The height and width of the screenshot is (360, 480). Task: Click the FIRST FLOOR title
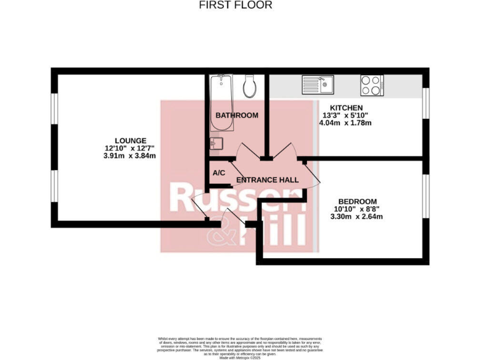click(236, 6)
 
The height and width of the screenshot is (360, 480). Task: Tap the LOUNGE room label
click(130, 140)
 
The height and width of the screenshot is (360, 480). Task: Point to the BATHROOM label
click(237, 115)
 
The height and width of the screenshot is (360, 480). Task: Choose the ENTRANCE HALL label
click(267, 180)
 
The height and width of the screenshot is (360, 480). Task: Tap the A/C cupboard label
click(219, 173)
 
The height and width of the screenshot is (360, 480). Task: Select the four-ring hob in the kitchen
click(371, 84)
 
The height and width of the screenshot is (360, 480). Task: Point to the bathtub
click(222, 103)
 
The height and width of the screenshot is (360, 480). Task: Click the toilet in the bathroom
click(250, 86)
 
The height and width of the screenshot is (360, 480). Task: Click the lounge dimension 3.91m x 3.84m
click(130, 156)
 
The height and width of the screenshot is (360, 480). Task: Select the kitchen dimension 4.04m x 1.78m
click(346, 123)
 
